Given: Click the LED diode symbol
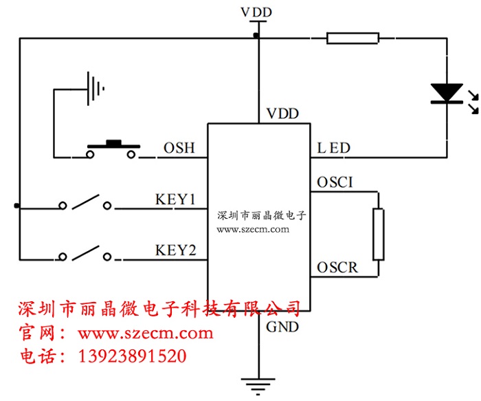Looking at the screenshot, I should coord(446,94).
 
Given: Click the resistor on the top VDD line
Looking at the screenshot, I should coord(353,38).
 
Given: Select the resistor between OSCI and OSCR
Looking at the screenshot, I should coord(377,234).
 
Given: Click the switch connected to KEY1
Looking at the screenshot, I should coord(87,204).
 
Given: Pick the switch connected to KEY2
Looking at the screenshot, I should coord(87,255).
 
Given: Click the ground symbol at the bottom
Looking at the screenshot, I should coord(259,384).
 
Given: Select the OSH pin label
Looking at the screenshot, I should coord(179,149).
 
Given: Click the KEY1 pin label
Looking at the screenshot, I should coord(176,200).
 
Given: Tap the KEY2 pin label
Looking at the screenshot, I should coord(176,250).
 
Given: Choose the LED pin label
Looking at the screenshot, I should coord(334,149).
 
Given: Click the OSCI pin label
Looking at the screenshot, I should coord(335,183).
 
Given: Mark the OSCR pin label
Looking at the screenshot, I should coord(337,267).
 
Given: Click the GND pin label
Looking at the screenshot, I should coord(282,327).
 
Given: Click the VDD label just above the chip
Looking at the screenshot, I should coord(282,113).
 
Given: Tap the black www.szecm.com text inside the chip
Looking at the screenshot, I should coord(253,230).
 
